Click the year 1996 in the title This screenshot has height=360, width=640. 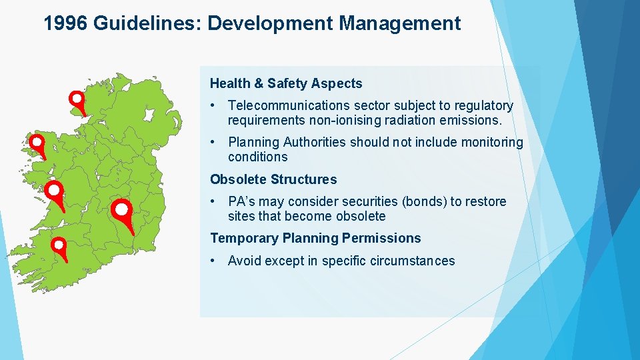66,24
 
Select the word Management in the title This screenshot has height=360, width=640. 399,24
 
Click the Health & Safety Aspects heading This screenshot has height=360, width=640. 286,83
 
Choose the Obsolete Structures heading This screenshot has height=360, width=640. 273,179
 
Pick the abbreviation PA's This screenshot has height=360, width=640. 243,201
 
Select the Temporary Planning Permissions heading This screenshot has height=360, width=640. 315,238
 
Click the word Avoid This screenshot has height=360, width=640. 244,261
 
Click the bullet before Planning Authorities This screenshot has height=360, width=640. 212,142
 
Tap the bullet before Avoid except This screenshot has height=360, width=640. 212,261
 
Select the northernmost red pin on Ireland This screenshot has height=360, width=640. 77,99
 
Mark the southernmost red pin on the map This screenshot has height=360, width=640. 59,246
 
